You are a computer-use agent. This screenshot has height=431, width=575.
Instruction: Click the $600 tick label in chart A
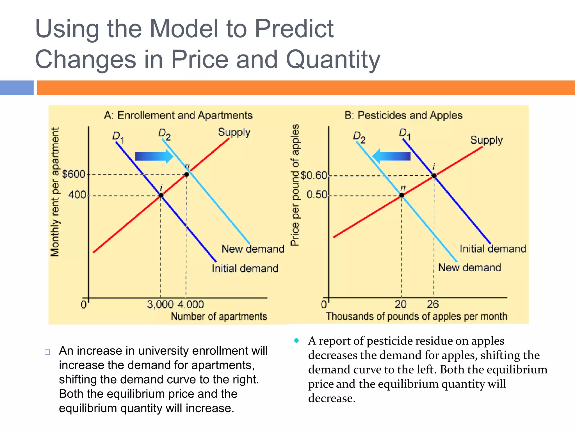(x=74, y=174)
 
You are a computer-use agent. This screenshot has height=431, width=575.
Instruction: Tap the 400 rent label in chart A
(x=77, y=195)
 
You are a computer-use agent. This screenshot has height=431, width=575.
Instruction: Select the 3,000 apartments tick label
(x=160, y=304)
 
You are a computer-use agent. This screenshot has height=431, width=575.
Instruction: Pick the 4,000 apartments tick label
(x=191, y=304)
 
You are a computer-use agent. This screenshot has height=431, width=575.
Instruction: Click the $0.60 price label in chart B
(x=314, y=176)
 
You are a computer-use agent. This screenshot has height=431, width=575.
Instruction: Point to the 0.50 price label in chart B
(x=317, y=194)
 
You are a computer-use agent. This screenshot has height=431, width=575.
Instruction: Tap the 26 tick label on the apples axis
(x=433, y=304)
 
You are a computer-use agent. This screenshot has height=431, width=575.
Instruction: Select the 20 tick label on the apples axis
(x=401, y=304)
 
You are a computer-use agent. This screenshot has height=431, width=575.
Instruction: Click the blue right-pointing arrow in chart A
(x=154, y=156)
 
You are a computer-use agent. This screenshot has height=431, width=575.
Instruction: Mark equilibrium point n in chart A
(x=186, y=175)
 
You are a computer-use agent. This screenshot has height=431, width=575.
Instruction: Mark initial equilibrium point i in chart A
(x=161, y=196)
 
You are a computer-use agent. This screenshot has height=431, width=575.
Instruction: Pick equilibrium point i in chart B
(x=434, y=176)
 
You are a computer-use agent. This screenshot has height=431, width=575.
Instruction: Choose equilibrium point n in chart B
(x=402, y=195)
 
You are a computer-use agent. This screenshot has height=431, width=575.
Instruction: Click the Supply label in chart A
(x=234, y=132)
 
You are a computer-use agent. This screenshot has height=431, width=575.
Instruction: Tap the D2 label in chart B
(x=359, y=137)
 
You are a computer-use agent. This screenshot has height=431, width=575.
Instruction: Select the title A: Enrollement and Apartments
(x=178, y=115)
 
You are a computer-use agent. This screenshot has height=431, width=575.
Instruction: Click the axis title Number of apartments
(x=219, y=317)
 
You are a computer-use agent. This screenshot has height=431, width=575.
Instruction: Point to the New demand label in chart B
(x=469, y=268)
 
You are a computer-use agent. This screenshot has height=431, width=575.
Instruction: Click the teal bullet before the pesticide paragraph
(x=296, y=341)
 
